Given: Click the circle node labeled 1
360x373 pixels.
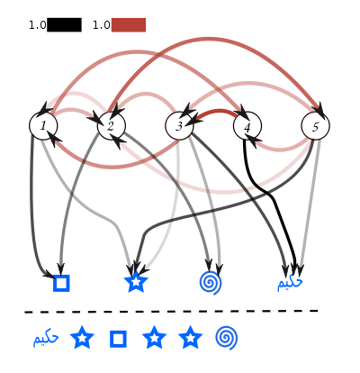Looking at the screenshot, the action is [43, 126].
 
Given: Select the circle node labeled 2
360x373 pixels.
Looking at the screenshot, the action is [112, 126].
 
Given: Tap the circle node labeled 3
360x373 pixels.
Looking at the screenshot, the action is [179, 126].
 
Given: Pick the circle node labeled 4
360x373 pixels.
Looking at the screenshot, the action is [247, 126].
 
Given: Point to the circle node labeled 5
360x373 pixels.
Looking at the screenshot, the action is [316, 126].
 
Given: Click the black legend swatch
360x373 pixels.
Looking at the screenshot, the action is [64, 25].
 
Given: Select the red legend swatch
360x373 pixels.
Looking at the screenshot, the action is [129, 25].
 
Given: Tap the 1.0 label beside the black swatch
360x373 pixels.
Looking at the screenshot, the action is [38, 25].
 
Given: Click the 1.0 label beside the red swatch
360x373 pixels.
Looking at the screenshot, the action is [102, 25].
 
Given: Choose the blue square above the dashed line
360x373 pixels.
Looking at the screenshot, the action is [61, 283].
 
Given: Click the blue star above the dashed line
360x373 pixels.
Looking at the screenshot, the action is [136, 282].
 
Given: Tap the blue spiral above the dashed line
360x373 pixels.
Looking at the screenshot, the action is [211, 283].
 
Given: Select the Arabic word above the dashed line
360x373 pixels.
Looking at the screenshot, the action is [290, 283].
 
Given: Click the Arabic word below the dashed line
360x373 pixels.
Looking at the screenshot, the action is [46, 339].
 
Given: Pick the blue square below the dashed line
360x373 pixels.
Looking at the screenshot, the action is [118, 339].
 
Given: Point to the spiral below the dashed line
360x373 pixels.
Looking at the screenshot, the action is [227, 338].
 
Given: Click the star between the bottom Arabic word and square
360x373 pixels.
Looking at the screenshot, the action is [82, 338].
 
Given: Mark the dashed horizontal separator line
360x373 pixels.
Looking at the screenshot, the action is [171, 312].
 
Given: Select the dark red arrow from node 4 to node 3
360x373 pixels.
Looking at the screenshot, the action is [217, 113].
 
